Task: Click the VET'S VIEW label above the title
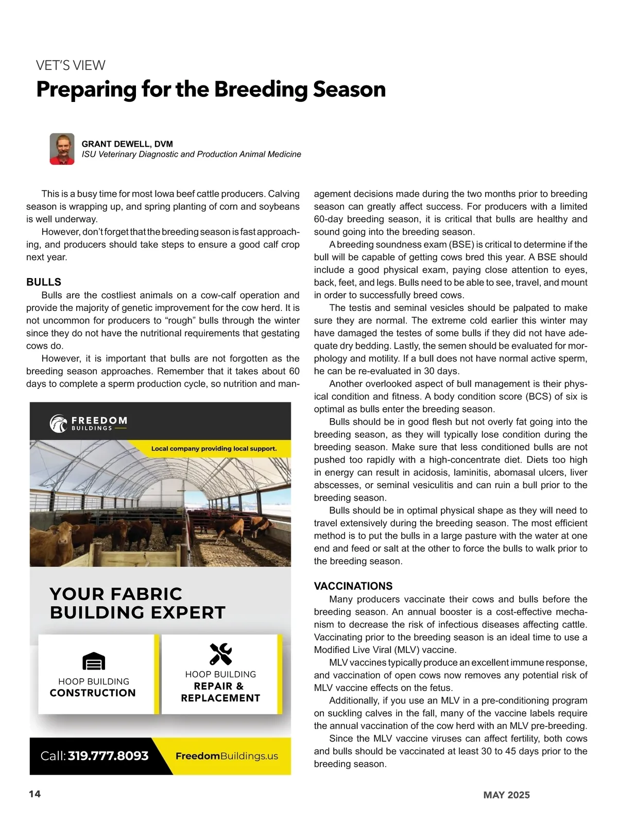(x=71, y=65)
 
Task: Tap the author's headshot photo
(x=62, y=149)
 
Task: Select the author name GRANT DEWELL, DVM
(x=127, y=144)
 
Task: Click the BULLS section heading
(x=44, y=282)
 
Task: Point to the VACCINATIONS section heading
(x=353, y=586)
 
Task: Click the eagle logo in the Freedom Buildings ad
(x=59, y=423)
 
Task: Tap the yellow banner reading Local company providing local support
(x=214, y=449)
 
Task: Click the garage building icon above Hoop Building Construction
(x=94, y=661)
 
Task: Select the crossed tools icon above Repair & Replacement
(x=220, y=654)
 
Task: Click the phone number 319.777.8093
(x=108, y=755)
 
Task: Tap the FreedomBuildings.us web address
(x=227, y=756)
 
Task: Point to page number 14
(x=35, y=794)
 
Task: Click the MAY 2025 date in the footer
(x=506, y=795)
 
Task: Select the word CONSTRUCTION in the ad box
(x=93, y=693)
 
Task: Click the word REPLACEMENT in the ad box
(x=220, y=698)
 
